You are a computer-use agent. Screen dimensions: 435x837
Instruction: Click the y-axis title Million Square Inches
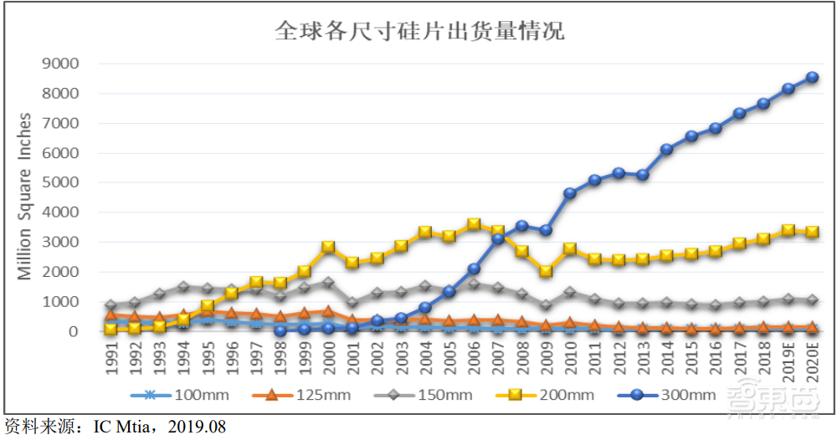[24, 197]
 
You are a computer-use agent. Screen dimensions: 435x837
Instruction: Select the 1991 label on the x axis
[111, 356]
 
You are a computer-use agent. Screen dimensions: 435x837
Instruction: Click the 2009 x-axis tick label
[546, 356]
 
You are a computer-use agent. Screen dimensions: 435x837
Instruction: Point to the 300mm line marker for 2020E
[811, 77]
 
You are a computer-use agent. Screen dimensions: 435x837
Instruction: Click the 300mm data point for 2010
[570, 193]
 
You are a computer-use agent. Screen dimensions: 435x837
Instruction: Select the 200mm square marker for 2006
[474, 224]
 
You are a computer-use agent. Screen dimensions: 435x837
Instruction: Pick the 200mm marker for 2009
[546, 271]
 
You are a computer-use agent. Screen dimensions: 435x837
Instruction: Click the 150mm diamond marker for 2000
[328, 283]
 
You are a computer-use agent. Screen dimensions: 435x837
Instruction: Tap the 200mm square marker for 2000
[328, 247]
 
